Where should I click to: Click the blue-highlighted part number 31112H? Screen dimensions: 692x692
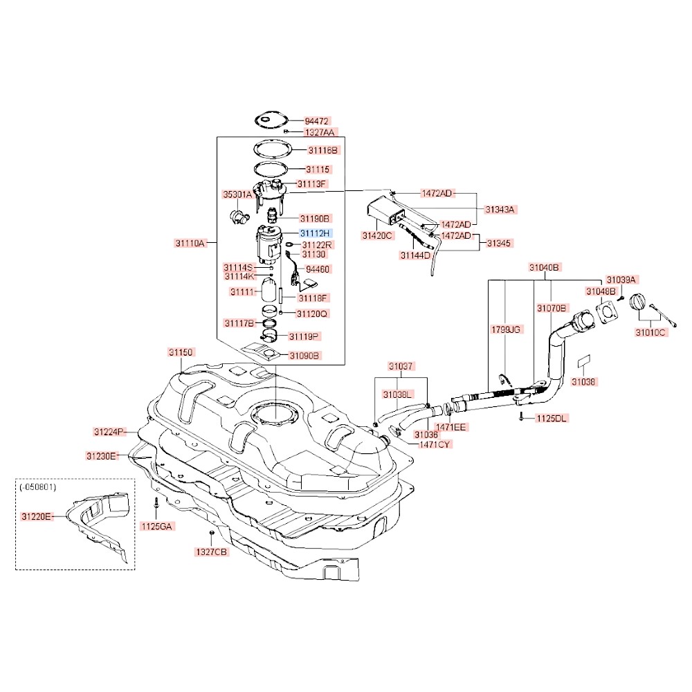(316, 234)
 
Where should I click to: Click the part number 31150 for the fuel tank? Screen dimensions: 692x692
(181, 352)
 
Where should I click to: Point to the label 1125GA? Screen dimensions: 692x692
(157, 526)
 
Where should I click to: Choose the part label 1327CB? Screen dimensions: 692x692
(211, 552)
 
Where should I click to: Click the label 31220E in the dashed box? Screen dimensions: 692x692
(37, 516)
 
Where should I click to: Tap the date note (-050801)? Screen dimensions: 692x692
(39, 487)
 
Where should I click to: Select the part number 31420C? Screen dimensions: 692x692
(377, 235)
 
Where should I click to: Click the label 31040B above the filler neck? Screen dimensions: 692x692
(545, 267)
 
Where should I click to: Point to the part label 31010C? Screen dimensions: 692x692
(650, 332)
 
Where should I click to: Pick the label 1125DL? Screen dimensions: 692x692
(552, 419)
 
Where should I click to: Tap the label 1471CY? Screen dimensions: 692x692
(435, 444)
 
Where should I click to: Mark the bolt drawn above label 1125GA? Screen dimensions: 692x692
(157, 503)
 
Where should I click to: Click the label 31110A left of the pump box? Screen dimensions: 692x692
(190, 243)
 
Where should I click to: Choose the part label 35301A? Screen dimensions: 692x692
(237, 194)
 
